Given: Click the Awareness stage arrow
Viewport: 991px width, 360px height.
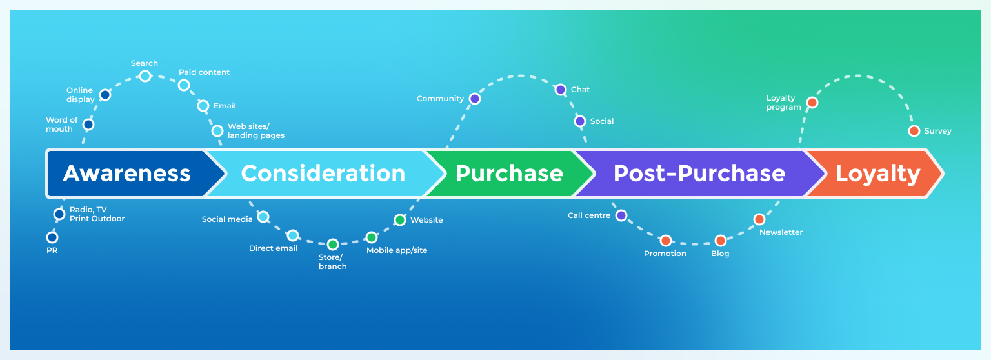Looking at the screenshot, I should pos(127,174).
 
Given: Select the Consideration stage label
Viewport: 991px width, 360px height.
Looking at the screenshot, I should pos(323,174).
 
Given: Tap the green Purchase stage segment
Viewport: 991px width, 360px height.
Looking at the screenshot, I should pos(509,174).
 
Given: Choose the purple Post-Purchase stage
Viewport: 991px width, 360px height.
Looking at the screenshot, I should pos(699,174).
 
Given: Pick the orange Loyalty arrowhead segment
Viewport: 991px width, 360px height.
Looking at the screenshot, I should pos(877,174).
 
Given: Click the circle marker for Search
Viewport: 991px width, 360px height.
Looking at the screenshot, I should pos(145,76).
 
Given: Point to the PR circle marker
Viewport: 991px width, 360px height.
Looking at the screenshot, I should pos(52,237).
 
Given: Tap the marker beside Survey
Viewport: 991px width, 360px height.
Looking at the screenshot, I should pos(914,131).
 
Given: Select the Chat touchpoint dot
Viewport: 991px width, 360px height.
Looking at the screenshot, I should pos(561,90).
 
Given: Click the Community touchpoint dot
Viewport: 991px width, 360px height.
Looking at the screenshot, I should pos(475,99).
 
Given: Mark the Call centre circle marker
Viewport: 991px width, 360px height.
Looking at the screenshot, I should pos(621,215).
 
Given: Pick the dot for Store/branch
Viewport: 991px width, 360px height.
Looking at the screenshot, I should pos(332,245).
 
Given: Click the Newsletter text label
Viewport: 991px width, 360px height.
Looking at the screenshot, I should pos(781,232).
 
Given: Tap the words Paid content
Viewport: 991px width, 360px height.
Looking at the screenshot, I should pos(204,72).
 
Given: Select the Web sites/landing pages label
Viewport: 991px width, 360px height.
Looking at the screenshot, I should pos(255,131).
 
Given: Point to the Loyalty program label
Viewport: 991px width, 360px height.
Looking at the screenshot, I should pos(783,103).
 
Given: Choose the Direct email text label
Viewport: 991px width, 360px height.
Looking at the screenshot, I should pos(273,248).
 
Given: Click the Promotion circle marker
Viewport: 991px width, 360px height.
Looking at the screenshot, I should pos(666,241).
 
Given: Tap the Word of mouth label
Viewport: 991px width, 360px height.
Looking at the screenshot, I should pos(61,125).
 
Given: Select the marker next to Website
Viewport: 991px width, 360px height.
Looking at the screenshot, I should pos(400,220).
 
